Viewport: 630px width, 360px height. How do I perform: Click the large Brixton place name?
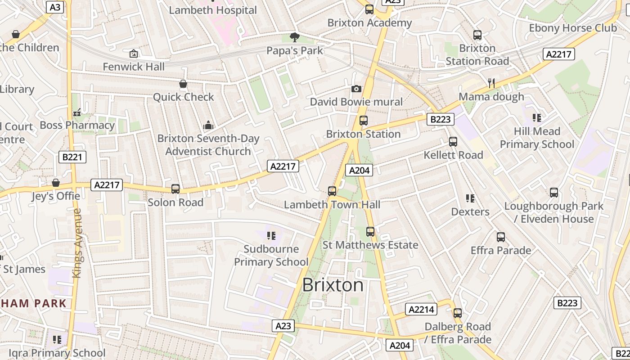[333, 285]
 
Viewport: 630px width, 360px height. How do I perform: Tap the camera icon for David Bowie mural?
[356, 89]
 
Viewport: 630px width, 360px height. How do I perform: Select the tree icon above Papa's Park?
[295, 37]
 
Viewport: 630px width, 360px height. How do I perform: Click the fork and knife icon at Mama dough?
[491, 83]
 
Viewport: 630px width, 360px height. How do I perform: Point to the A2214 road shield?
[421, 309]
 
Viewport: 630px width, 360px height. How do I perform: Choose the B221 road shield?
[72, 157]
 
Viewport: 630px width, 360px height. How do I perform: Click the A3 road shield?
[54, 7]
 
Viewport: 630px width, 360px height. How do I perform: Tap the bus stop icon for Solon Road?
[175, 189]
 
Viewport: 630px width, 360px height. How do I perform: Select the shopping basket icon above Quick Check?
[183, 84]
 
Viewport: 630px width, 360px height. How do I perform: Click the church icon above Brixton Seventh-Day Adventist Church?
[208, 125]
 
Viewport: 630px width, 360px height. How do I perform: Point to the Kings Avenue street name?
[77, 243]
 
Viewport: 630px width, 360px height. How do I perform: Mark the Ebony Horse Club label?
[572, 28]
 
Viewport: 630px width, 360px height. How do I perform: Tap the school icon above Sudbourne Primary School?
[271, 236]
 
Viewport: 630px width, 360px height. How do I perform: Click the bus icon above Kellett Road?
[453, 142]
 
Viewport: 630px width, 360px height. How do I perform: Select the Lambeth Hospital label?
[213, 10]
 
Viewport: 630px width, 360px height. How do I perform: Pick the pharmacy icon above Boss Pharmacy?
[77, 112]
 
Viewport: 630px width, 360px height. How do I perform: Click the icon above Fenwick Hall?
[133, 54]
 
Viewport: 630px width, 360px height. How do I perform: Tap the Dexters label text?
[470, 211]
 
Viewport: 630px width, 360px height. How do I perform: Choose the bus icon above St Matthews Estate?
[370, 232]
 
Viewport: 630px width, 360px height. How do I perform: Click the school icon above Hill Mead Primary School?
[536, 118]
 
